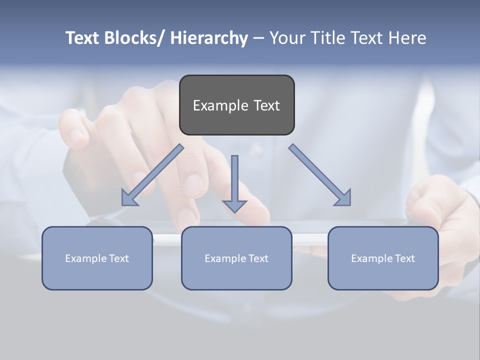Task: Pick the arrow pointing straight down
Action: click(x=234, y=182)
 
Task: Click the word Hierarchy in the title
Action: click(x=209, y=38)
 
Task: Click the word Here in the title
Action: click(x=407, y=38)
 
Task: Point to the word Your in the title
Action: click(x=287, y=38)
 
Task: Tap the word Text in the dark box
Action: click(x=266, y=105)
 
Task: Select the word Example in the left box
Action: click(x=86, y=258)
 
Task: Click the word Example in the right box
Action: click(x=372, y=258)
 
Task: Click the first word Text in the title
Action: click(x=83, y=38)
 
